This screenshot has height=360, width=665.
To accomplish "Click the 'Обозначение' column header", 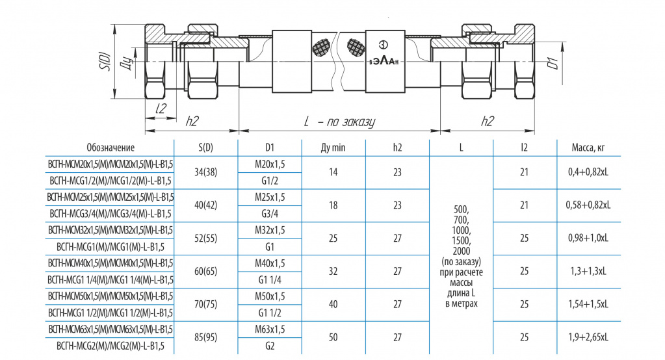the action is (111, 148).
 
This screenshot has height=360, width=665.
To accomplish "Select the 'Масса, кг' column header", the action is (588, 148).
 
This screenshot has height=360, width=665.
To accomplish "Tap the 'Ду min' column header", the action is (333, 148).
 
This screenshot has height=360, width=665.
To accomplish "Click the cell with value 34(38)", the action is (205, 172).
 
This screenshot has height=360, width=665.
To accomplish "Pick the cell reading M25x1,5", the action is (270, 197).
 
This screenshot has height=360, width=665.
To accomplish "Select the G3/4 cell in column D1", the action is (270, 214).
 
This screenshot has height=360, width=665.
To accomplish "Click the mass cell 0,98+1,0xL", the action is (588, 238).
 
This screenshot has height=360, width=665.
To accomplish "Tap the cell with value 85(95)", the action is (205, 337).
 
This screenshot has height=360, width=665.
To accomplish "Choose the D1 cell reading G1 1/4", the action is (270, 280).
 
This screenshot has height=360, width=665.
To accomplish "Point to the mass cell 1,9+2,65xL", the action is (588, 337).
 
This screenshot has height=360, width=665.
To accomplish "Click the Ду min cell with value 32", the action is (333, 272).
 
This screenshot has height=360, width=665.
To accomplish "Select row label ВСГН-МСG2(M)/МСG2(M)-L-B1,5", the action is (111, 346).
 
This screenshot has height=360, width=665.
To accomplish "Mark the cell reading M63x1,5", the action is (270, 329).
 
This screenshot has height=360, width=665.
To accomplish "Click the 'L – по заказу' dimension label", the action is (339, 122).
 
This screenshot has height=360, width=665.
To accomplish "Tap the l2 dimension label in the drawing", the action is (161, 109).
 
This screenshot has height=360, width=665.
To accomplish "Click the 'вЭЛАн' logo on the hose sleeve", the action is (384, 60).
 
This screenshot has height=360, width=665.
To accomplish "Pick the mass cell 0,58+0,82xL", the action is (588, 205).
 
